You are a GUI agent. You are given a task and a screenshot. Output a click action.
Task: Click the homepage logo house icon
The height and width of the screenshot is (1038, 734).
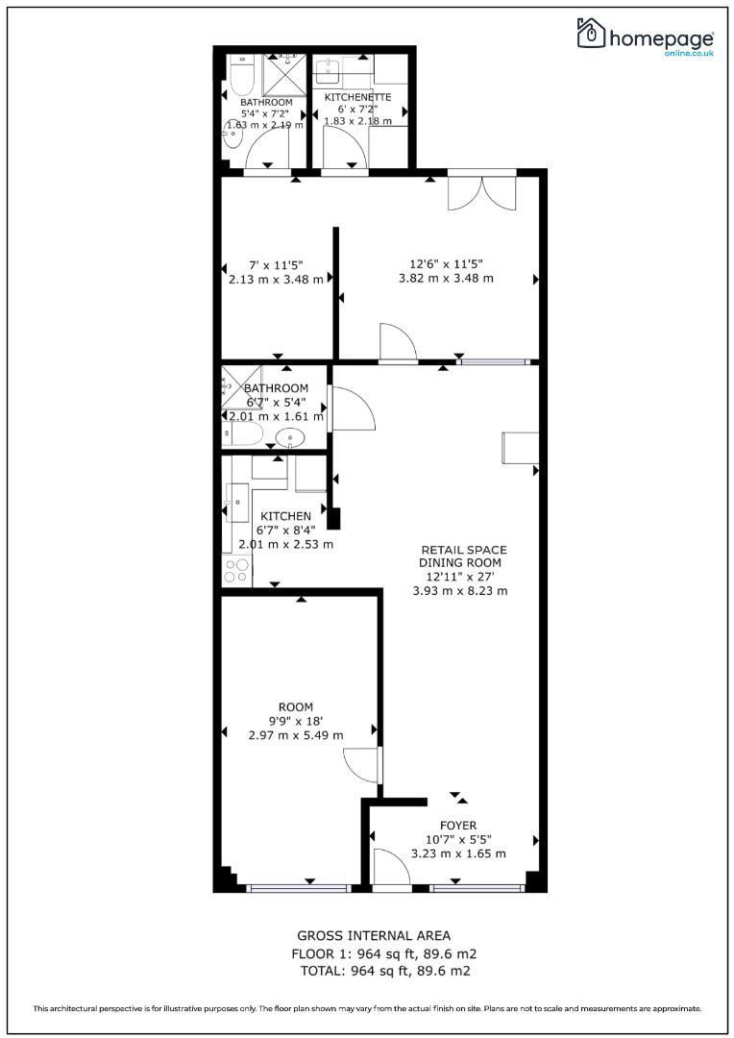click(x=591, y=33)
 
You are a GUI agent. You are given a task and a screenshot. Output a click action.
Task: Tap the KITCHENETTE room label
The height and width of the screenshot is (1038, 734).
click(x=357, y=97)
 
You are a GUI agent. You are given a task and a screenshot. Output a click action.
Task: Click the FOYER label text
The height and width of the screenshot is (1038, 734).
click(x=458, y=826)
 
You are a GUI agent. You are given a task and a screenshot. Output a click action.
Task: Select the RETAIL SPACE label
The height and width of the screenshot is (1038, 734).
click(x=464, y=550)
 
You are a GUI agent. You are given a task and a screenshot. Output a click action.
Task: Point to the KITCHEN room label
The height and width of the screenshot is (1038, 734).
click(x=285, y=516)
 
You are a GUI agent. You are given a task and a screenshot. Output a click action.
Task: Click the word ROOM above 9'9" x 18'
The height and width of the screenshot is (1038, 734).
click(x=295, y=707)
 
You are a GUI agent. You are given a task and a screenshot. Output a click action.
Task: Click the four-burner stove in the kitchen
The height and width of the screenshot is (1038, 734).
click(x=237, y=571)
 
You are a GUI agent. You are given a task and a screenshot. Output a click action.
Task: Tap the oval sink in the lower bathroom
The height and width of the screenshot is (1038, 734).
click(x=290, y=437)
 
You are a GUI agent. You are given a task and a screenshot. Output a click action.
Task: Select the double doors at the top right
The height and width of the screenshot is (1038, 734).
click(x=482, y=193)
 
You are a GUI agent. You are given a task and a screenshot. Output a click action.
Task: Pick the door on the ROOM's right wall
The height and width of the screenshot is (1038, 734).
click(x=363, y=766)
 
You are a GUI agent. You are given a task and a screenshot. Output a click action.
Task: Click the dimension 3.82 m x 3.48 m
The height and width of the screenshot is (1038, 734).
click(x=446, y=279)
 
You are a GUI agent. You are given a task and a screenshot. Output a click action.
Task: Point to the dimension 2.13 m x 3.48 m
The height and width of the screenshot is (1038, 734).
click(x=276, y=280)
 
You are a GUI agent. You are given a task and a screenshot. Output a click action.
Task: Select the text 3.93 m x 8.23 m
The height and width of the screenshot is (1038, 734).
click(x=460, y=591)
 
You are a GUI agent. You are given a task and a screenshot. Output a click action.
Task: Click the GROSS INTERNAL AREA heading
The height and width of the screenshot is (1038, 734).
click(x=374, y=935)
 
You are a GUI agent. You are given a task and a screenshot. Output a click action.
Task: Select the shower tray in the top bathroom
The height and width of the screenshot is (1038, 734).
click(x=284, y=75)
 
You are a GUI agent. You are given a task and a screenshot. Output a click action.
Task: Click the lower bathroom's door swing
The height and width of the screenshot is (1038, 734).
click(x=352, y=409)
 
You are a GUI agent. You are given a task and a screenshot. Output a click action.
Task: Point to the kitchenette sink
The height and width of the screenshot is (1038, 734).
click(x=328, y=70)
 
